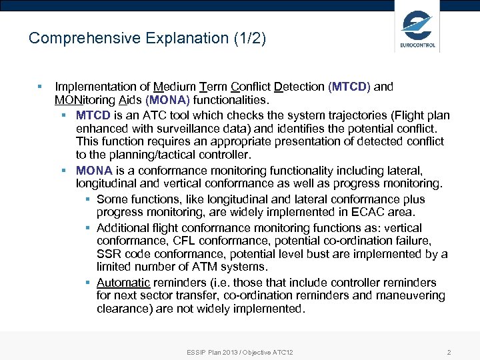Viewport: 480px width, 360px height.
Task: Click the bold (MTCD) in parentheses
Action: click(x=349, y=87)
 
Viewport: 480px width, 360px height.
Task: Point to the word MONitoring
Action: click(x=85, y=100)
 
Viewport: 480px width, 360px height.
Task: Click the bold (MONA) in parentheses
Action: click(x=167, y=100)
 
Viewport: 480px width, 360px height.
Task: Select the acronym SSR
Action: click(x=108, y=254)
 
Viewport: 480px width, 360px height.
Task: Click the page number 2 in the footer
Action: click(x=449, y=352)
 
